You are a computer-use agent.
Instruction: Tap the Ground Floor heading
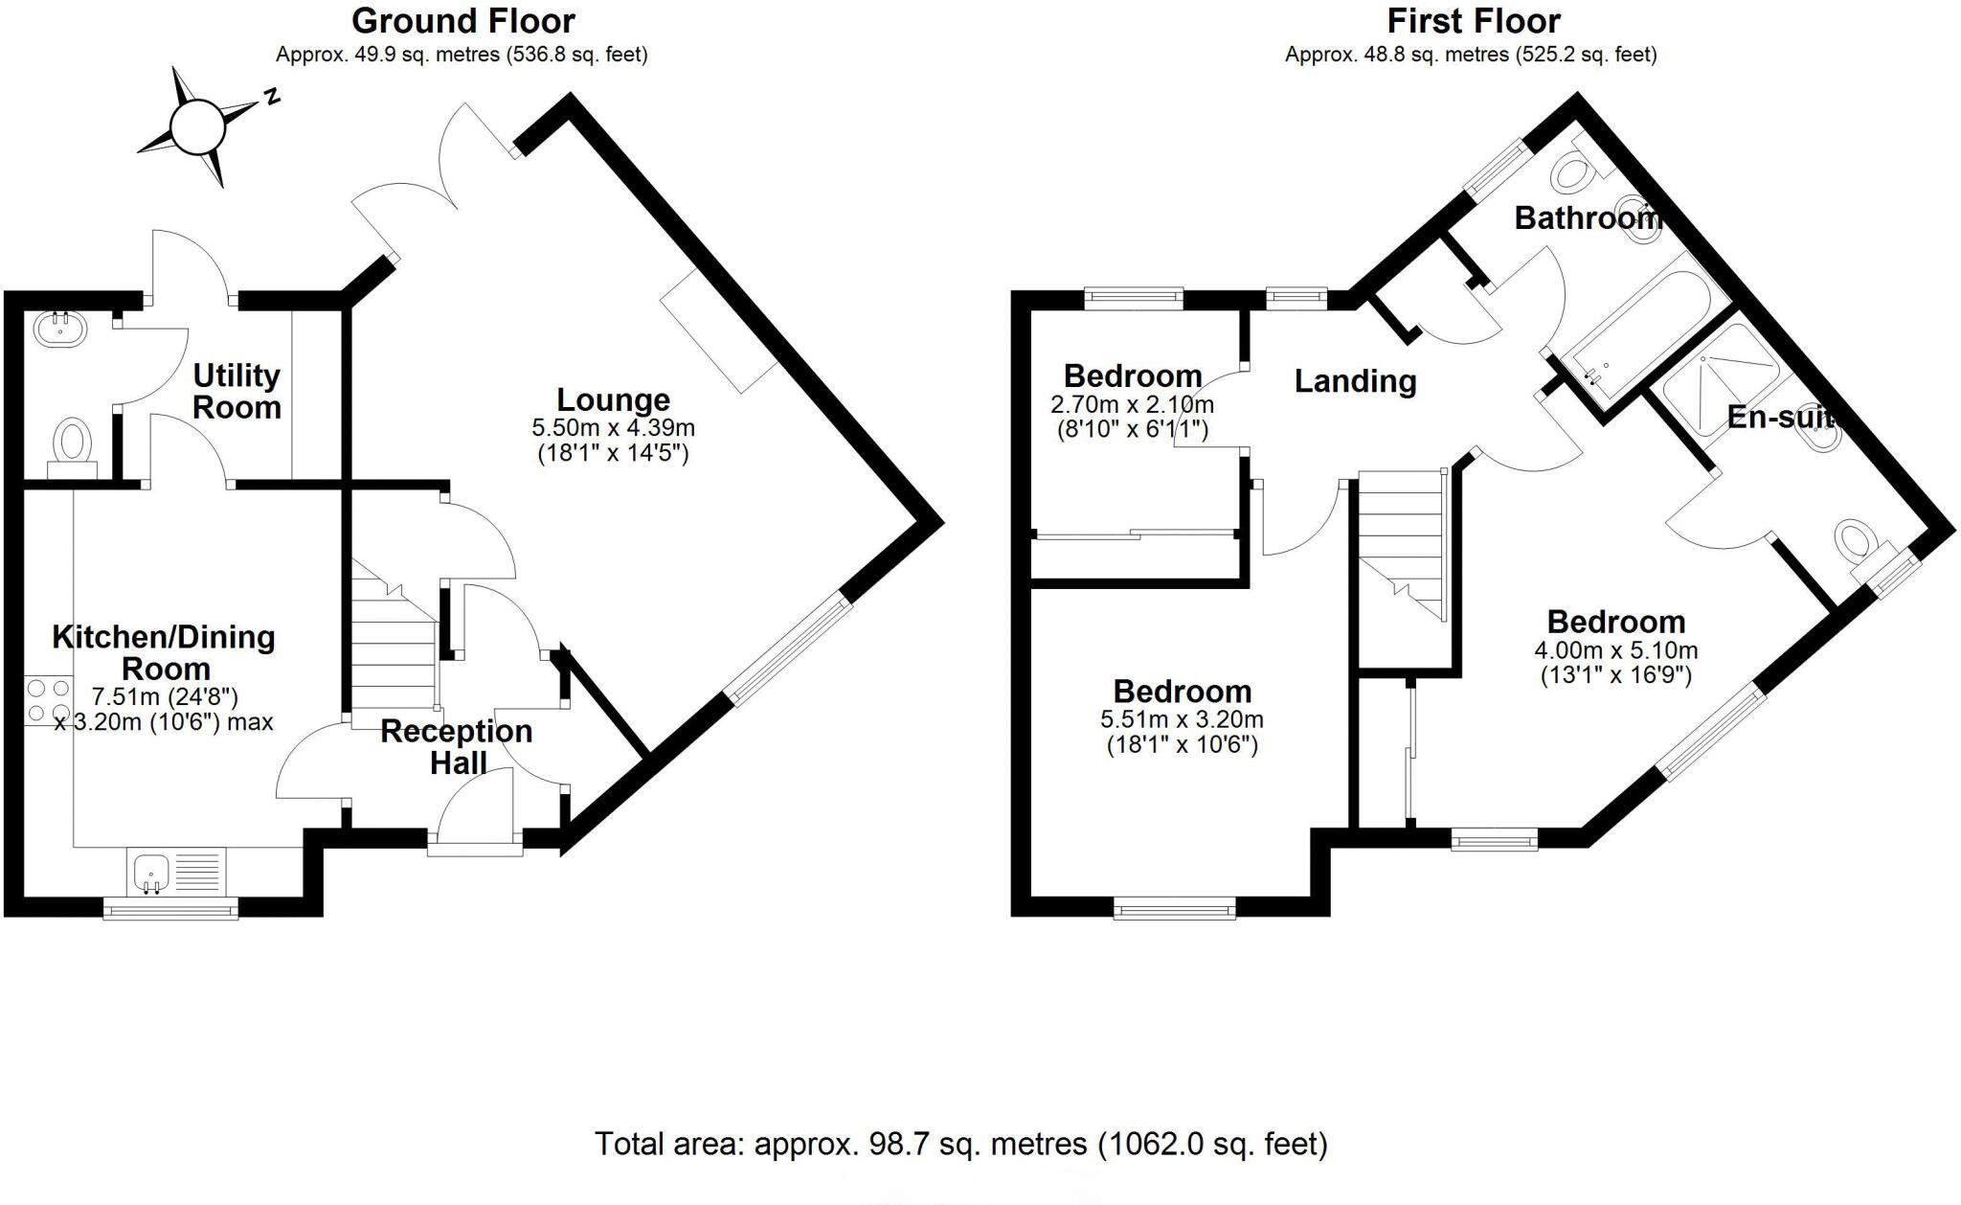click(x=463, y=20)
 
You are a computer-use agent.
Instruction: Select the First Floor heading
click(x=1474, y=20)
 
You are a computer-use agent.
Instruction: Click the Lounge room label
click(x=613, y=399)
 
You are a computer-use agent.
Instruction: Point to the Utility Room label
click(x=237, y=391)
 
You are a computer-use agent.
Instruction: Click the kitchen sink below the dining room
click(x=151, y=873)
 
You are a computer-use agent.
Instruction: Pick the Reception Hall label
click(x=457, y=746)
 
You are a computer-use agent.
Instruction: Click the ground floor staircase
click(x=393, y=642)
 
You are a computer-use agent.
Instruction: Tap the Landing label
click(x=1355, y=381)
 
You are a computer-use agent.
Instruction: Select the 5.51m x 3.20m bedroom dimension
click(x=1182, y=732)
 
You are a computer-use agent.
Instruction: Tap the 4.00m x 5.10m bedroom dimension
click(x=1615, y=663)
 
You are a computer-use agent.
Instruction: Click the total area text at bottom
click(x=960, y=1144)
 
